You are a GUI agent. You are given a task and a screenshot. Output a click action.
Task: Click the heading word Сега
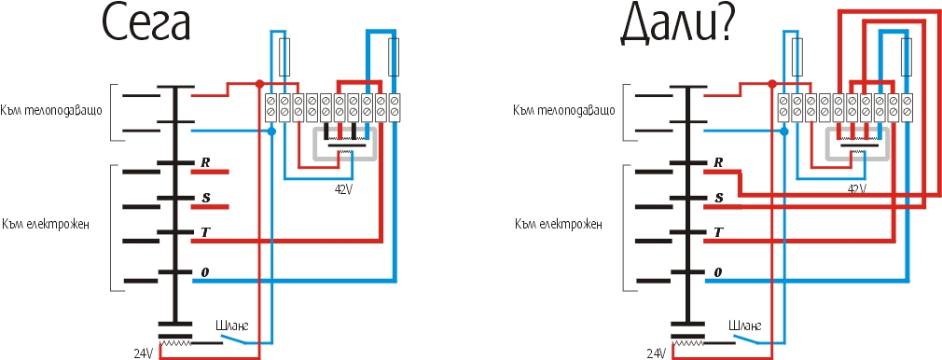click(x=146, y=24)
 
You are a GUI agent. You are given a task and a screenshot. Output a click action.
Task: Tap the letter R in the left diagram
click(x=205, y=162)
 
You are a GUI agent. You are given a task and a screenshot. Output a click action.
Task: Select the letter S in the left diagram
click(x=205, y=198)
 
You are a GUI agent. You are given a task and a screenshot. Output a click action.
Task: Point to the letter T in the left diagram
click(x=205, y=232)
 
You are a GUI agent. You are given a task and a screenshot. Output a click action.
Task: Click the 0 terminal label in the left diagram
click(x=205, y=272)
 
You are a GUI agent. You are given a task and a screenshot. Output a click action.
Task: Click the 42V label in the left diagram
click(x=343, y=188)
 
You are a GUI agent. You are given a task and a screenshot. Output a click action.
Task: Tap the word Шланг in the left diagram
click(x=231, y=325)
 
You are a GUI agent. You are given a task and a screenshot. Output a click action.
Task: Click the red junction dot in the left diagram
click(x=259, y=84)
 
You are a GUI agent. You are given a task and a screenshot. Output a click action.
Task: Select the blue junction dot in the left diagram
click(x=271, y=131)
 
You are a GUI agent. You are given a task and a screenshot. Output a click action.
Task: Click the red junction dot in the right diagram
click(x=772, y=84)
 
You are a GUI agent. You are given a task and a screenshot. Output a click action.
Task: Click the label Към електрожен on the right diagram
click(x=558, y=226)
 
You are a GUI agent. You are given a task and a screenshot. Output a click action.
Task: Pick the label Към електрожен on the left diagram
click(x=46, y=226)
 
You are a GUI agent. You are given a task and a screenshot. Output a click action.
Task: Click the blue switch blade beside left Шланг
click(x=234, y=339)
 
